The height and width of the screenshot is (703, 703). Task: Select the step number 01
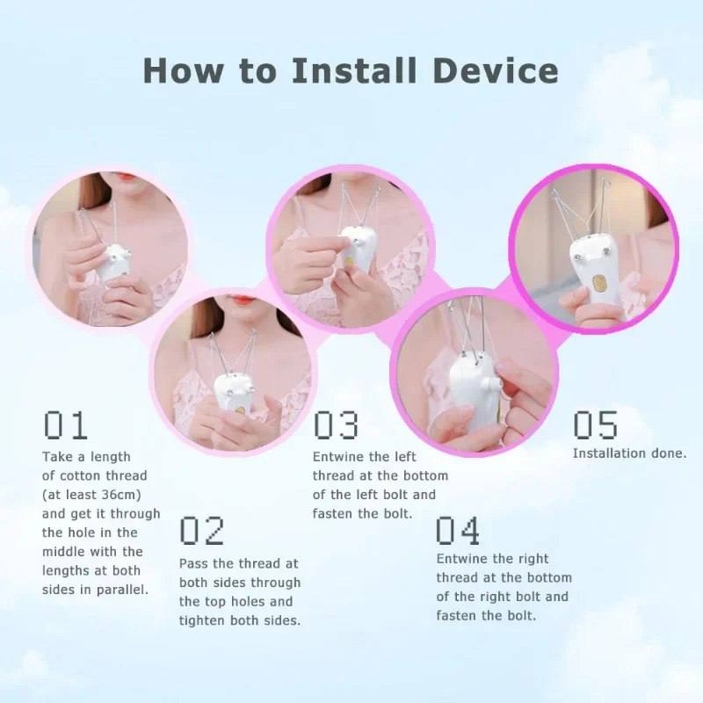pyautogui.click(x=66, y=425)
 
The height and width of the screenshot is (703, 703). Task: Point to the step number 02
pyautogui.click(x=202, y=531)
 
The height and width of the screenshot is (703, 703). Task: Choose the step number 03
pyautogui.click(x=336, y=425)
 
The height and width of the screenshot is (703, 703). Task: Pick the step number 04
pyautogui.click(x=459, y=531)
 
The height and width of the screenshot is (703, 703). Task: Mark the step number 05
pyautogui.click(x=596, y=425)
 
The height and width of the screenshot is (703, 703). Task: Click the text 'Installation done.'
pyautogui.click(x=629, y=453)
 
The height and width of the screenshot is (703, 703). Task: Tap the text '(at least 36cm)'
pyautogui.click(x=91, y=495)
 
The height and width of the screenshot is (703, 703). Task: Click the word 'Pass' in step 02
pyautogui.click(x=194, y=563)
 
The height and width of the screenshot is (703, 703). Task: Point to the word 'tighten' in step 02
pyautogui.click(x=203, y=620)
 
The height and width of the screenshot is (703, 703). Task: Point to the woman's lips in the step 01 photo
pyautogui.click(x=121, y=183)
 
